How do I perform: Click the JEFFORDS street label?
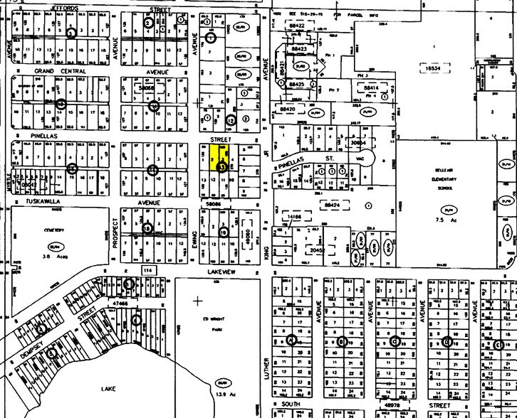pos(63,9)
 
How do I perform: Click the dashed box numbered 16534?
pos(434,68)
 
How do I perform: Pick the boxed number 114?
pos(147,271)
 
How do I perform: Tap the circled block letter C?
pos(395,341)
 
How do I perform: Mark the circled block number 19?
pos(224,232)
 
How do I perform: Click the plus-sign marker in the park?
pos(197,300)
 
